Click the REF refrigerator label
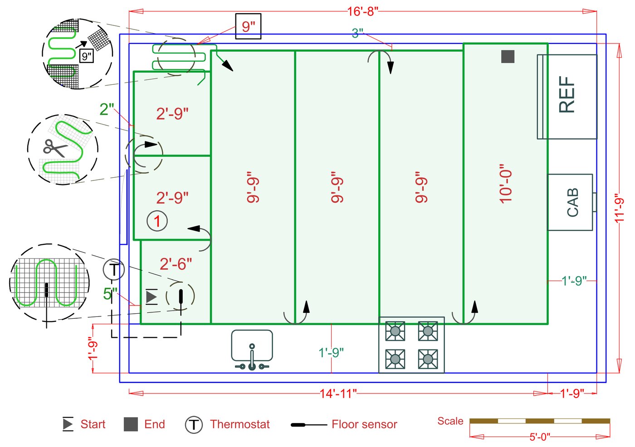pos(567,94)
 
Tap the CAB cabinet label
pos(572,202)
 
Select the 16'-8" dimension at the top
pos(362,11)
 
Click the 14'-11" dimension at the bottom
pos(338,394)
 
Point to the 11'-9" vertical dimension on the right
pos(620,208)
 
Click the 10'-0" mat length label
pos(505,184)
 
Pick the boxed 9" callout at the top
pos(248,26)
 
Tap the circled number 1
pos(157,221)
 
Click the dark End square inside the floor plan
pos(508,57)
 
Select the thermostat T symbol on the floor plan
pos(113,270)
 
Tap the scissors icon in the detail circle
pos(54,148)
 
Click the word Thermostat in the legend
pos(239,424)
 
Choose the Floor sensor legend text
pos(364,424)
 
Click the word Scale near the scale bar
pos(450,421)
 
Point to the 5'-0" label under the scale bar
pos(539,437)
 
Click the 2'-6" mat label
pos(176,264)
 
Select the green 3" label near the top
pos(357,33)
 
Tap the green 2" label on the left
pos(107,109)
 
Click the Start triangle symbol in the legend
pos(68,424)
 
